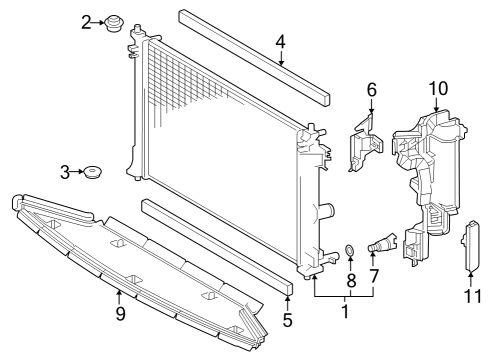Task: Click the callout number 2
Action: pos(87,20)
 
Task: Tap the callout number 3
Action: pos(66,173)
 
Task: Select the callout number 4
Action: pos(281,42)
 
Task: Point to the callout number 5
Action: pos(287,321)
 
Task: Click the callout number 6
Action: pos(372,89)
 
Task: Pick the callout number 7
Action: pos(373,274)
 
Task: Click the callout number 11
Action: pos(472,296)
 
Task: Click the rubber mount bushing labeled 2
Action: pos(113,21)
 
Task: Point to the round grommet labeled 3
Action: pos(93,174)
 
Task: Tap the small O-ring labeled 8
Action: pos(350,249)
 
